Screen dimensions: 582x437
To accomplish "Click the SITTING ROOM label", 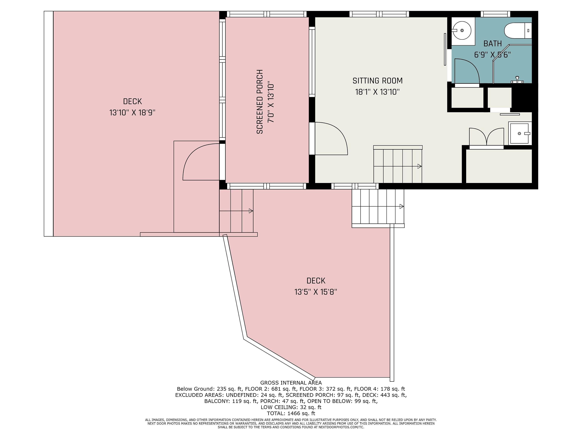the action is [x=377, y=81].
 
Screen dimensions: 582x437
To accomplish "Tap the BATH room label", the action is [x=493, y=44].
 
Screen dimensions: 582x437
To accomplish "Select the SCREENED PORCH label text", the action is [x=260, y=102].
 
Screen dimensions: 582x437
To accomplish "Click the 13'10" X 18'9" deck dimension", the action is [x=132, y=113].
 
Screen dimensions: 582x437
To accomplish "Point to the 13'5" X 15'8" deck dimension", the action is [x=316, y=292].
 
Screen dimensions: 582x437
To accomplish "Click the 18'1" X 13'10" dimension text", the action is [x=377, y=92].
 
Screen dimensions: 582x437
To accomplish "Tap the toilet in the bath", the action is [x=518, y=30].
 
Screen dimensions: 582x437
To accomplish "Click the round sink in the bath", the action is [x=462, y=30].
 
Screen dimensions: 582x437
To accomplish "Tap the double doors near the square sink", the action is [x=487, y=137].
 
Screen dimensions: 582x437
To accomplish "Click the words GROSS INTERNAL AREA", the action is [x=291, y=383].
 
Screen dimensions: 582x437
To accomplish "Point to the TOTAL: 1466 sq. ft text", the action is [x=291, y=413].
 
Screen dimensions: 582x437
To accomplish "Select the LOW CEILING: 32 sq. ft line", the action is [x=291, y=407].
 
